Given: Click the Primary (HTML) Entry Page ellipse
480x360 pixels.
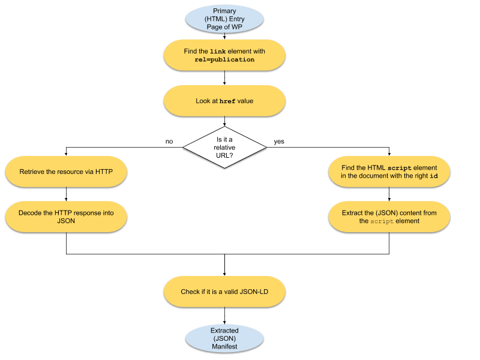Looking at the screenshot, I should [x=224, y=19].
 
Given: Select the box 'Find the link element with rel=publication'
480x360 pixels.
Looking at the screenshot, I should [x=224, y=55].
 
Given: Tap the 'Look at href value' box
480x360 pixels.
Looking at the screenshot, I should [x=224, y=101].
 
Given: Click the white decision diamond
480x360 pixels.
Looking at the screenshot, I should [x=224, y=147].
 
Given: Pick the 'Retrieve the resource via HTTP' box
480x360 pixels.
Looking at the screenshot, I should [x=66, y=172].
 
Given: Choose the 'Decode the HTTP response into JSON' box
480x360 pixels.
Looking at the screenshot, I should [x=66, y=217].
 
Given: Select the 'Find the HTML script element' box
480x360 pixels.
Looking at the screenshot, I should [x=389, y=172].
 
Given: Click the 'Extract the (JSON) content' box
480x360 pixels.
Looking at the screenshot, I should [x=389, y=217].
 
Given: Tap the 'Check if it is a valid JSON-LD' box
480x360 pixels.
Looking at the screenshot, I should [x=224, y=292].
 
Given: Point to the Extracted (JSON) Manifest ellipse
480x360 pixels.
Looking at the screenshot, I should [x=224, y=338].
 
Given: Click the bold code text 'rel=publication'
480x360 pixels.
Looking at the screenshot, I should [x=224, y=60].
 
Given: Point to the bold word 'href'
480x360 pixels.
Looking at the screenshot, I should [x=227, y=101].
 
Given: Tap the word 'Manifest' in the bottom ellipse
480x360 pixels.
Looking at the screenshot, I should [x=224, y=347].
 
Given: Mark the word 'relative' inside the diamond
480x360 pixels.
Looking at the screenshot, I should [x=224, y=148].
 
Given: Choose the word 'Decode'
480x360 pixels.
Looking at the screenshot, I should [x=30, y=212].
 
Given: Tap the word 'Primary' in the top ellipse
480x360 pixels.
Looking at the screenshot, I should [x=224, y=11].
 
